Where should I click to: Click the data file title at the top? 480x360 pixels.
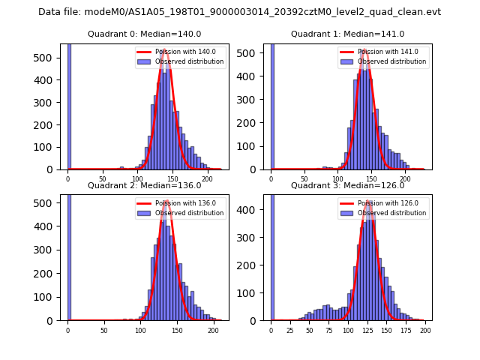239,12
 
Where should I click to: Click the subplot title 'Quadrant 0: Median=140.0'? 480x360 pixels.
144,34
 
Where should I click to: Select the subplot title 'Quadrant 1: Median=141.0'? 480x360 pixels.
347,34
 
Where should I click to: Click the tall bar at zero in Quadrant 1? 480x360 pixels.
271,105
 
